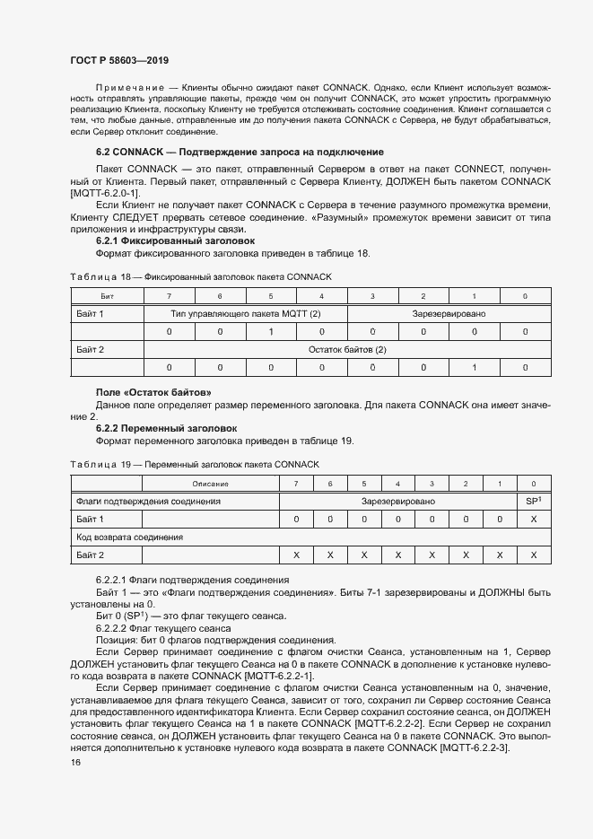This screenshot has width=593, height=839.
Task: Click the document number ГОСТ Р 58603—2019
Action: click(118, 58)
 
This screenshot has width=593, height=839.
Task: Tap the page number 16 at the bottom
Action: click(75, 762)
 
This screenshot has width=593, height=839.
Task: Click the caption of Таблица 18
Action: click(200, 276)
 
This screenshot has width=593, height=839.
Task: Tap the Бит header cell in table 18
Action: click(107, 296)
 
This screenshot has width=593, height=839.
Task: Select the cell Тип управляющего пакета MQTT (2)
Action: click(246, 314)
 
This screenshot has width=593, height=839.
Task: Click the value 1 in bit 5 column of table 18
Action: click(271, 332)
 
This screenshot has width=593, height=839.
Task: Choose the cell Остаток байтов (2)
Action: click(347, 349)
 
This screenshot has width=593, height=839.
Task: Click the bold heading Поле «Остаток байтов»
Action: click(153, 393)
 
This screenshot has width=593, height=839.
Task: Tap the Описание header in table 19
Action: click(209, 484)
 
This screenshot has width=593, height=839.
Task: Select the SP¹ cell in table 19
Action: click(534, 502)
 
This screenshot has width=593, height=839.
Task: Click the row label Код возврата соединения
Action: click(130, 537)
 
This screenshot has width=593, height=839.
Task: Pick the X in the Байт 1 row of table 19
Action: click(534, 519)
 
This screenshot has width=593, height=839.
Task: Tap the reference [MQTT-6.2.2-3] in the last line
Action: click(474, 723)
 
